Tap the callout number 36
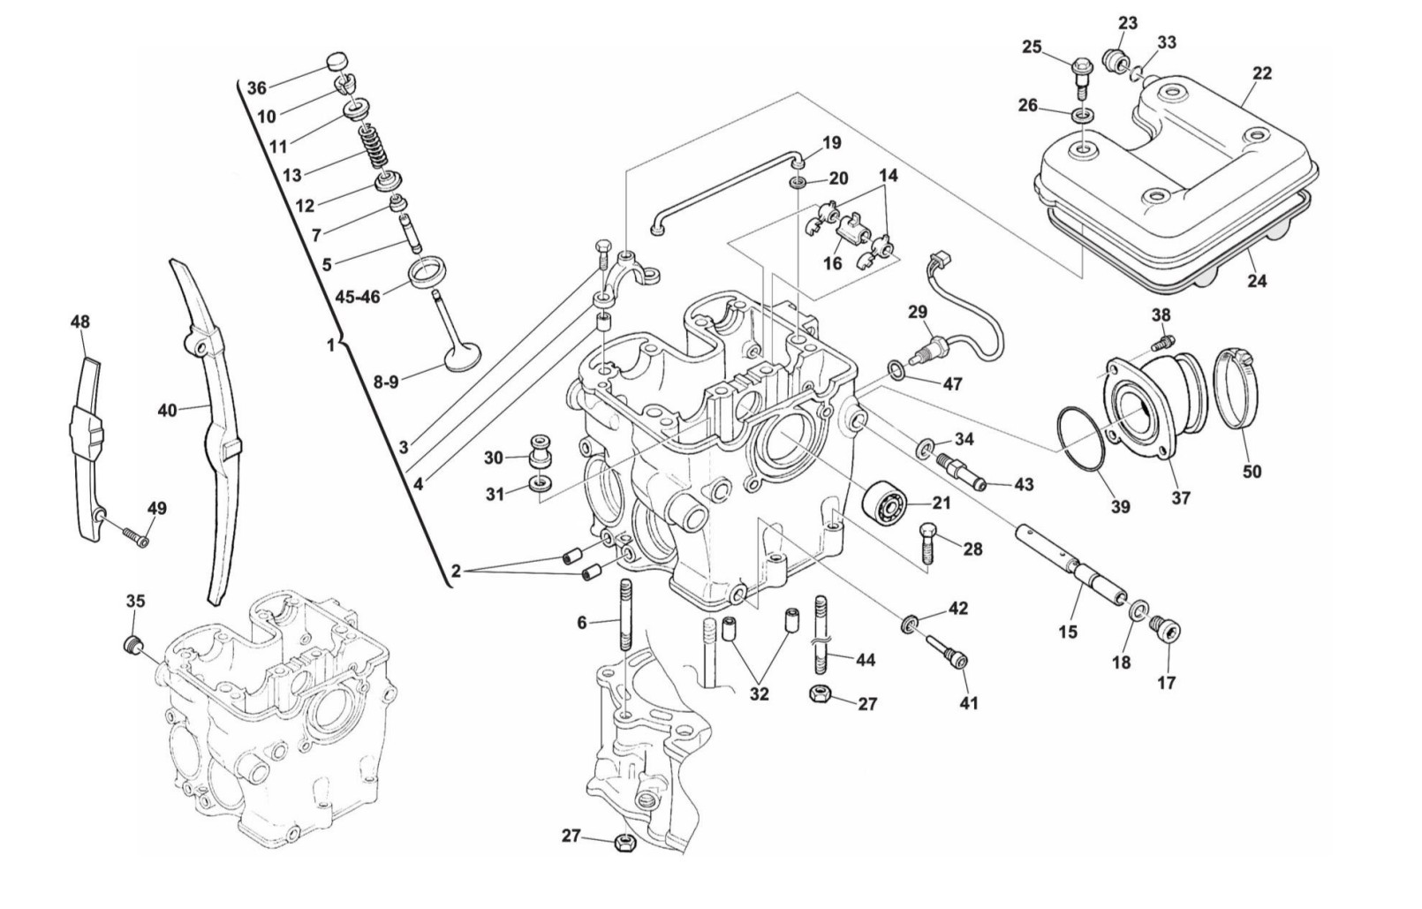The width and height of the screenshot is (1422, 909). (x=256, y=87)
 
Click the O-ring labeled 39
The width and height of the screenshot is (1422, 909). (x=1080, y=448)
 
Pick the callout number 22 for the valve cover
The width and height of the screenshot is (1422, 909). (x=1262, y=73)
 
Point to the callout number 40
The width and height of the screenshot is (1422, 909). (x=167, y=411)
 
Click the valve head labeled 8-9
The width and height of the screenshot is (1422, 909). (x=462, y=357)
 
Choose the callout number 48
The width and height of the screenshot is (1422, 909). (x=80, y=322)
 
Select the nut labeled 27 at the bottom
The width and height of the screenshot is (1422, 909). (x=625, y=844)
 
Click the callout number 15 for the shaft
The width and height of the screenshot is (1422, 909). (x=1068, y=632)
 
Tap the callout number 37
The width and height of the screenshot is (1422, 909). (x=1180, y=498)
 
